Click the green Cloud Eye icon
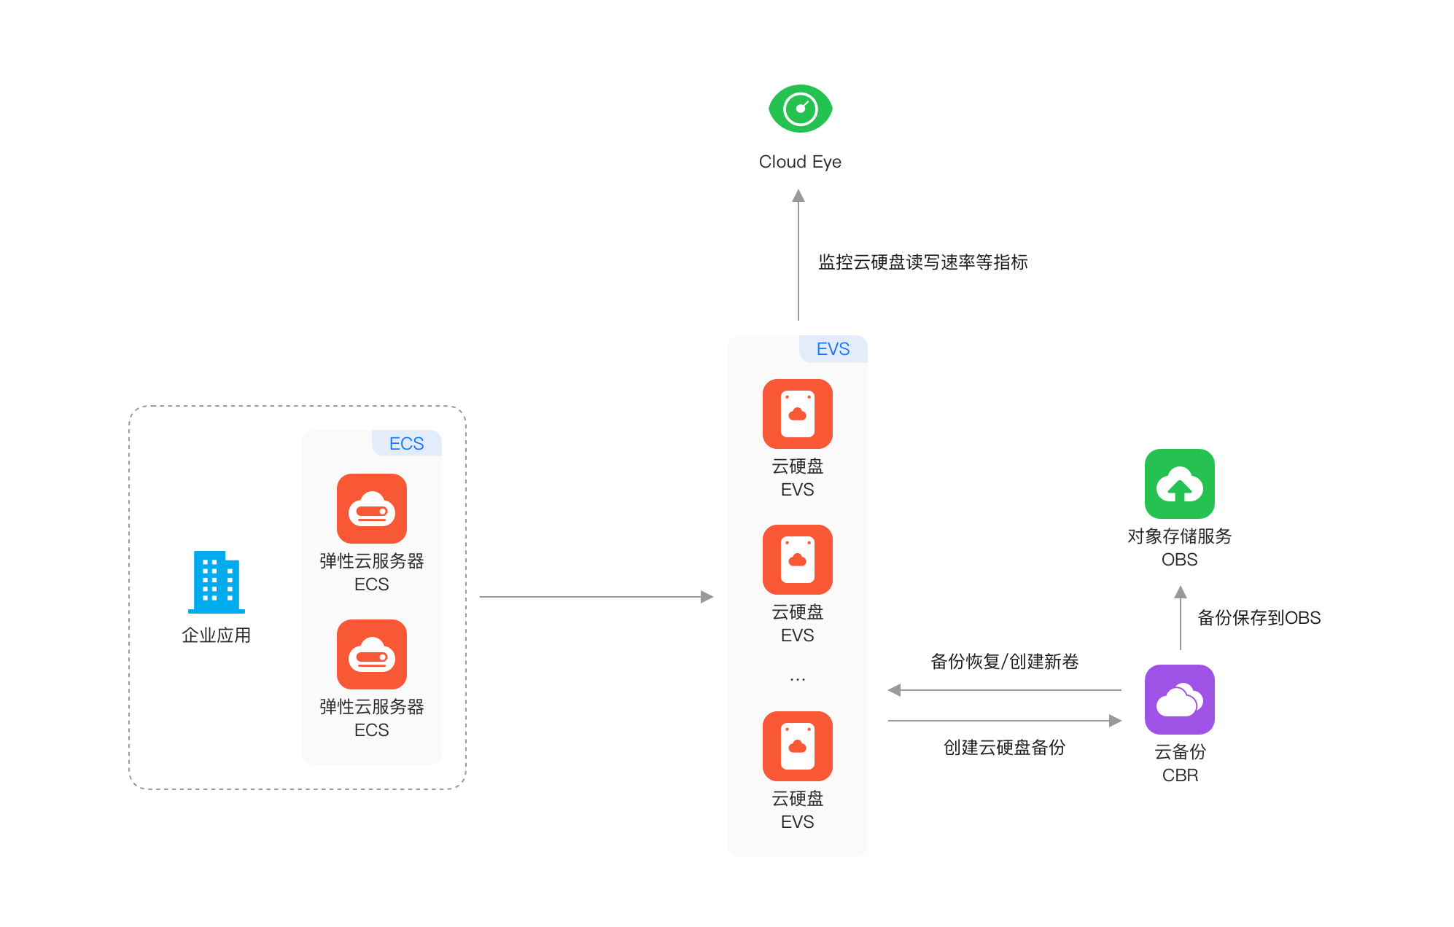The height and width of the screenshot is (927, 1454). (800, 109)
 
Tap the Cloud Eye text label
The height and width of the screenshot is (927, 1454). (800, 162)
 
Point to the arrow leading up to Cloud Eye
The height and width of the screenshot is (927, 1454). (798, 255)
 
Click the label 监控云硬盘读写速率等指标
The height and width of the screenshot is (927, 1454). (923, 262)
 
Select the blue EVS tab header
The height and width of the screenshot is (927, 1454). (833, 349)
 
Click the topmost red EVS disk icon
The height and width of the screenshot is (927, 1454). (798, 414)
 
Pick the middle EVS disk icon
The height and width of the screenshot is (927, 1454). (798, 560)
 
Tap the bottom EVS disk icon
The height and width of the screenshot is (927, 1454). (798, 746)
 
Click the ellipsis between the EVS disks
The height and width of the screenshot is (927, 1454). (798, 679)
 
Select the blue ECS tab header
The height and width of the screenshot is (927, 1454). (407, 443)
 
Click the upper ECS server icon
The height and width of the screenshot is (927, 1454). (372, 509)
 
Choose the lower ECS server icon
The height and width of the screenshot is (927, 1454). (372, 654)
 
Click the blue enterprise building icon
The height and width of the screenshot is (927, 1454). (217, 582)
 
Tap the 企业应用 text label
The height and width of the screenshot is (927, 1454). (217, 635)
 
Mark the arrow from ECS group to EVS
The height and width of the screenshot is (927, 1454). (596, 597)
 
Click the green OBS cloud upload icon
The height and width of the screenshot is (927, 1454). (1180, 484)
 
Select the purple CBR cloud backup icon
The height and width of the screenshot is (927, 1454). (1180, 700)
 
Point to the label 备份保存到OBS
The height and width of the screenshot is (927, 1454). (1259, 618)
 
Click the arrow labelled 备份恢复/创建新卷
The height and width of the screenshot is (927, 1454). (1005, 690)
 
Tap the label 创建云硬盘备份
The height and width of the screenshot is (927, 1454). (1005, 748)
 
